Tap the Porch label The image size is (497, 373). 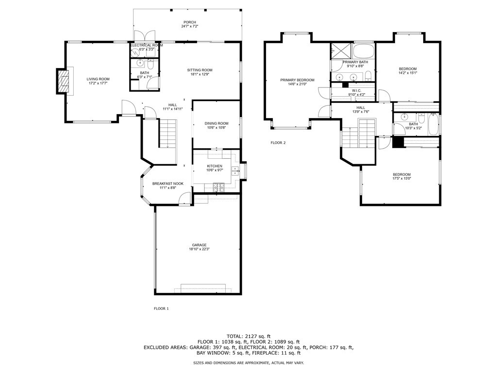coord(190,22)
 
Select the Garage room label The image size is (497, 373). coord(199,245)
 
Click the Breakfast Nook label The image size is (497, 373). coord(167,184)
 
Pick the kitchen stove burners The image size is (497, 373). coord(219,187)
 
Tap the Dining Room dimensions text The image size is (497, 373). coord(216,128)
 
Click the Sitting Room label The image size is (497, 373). coord(199,70)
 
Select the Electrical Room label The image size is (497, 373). coord(147,45)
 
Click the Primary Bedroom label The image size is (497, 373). coord(298,80)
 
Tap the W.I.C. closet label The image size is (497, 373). coord(357,91)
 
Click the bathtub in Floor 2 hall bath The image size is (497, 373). coord(433,125)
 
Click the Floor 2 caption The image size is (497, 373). coord(278,143)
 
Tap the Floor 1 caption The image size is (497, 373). coord(161,308)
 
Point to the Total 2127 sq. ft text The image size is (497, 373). coord(248,336)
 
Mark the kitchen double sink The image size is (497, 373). coord(235,170)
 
